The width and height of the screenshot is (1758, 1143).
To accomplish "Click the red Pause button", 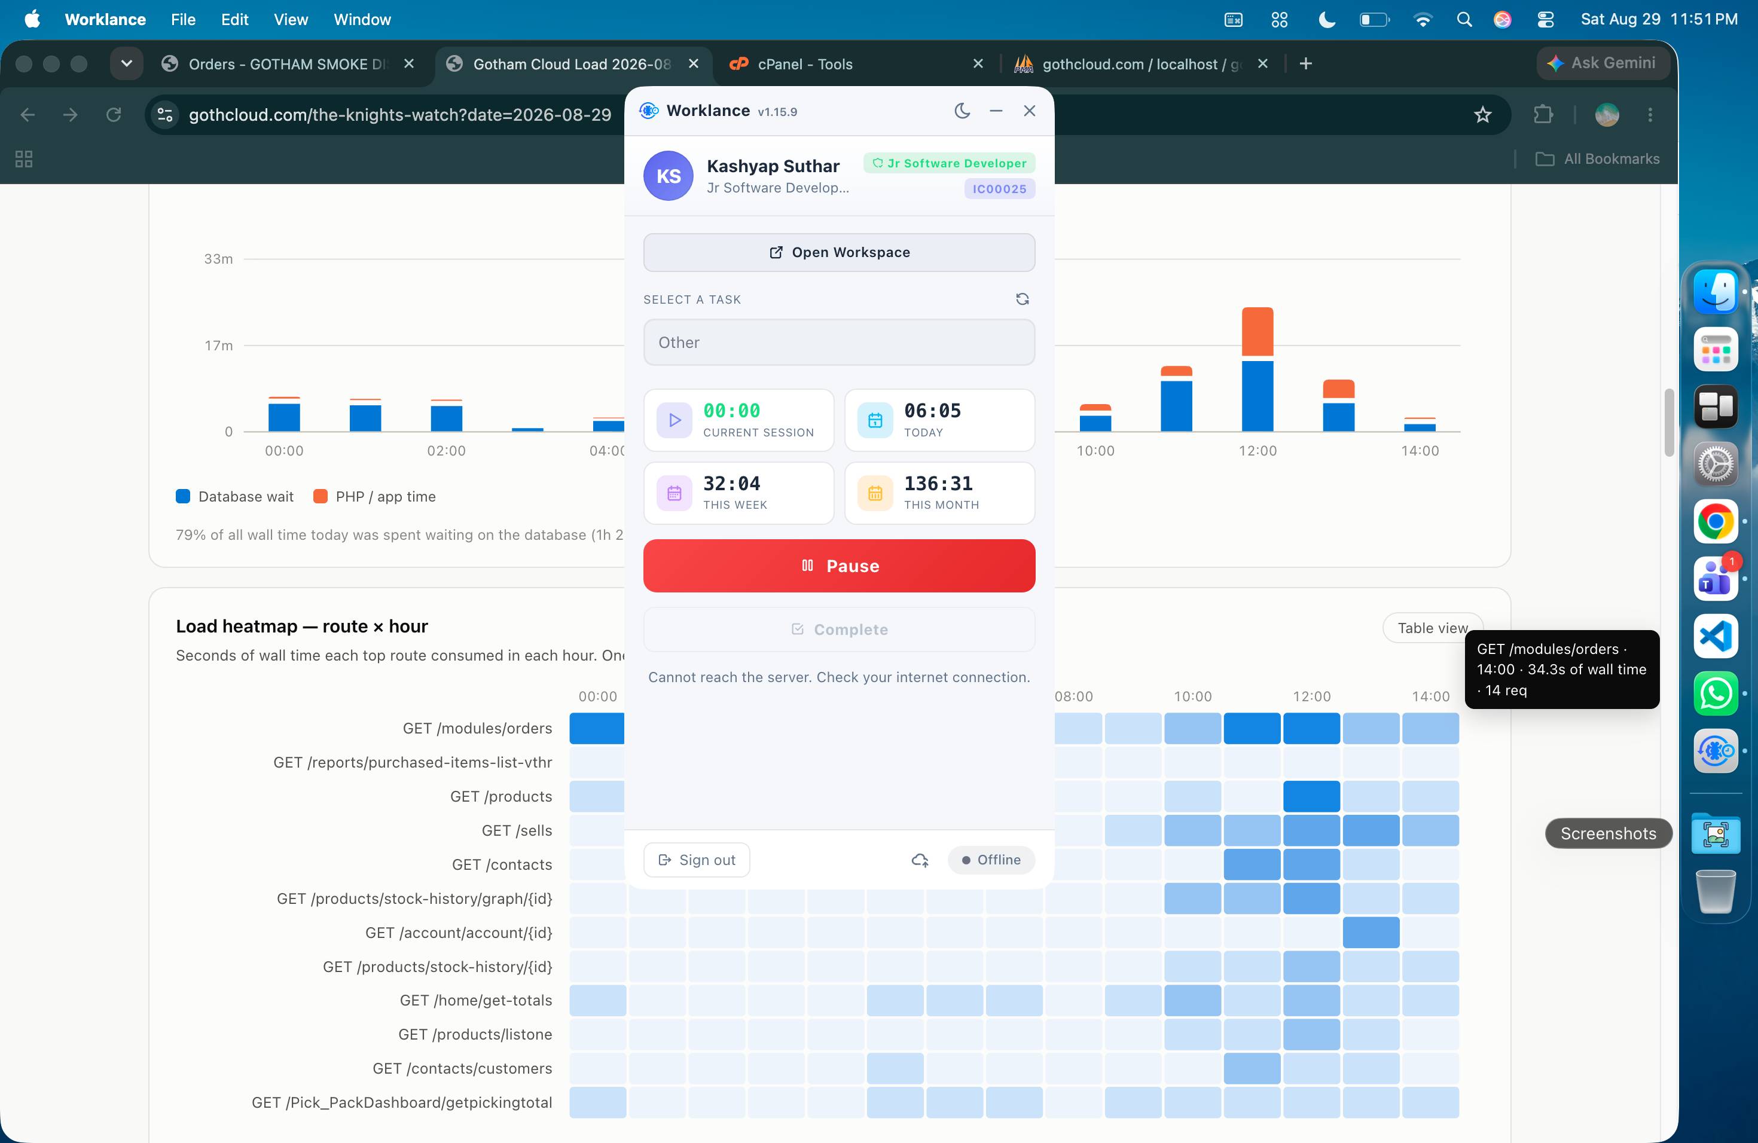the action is click(839, 566).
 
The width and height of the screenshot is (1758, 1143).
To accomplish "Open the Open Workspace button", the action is click(839, 252).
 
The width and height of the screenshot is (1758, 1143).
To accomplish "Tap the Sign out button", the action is click(697, 860).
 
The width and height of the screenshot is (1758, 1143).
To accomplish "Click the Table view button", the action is click(1432, 628).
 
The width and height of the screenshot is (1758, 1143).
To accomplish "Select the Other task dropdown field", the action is click(839, 343).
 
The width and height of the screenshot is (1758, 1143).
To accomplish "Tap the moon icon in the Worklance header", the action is click(962, 111).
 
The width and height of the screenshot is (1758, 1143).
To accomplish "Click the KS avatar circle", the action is click(669, 176).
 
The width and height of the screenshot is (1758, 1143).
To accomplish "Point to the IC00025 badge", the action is click(999, 189).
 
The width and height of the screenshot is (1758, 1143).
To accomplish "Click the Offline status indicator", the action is click(991, 860).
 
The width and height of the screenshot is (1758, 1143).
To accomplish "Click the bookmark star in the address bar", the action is click(1482, 114).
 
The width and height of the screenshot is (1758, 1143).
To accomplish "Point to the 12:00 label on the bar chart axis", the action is click(1257, 450).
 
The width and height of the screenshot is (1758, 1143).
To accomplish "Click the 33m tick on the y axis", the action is click(219, 258).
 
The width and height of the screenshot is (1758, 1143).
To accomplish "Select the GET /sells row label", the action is click(516, 831).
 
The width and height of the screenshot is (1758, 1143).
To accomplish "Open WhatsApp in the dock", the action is click(1715, 693).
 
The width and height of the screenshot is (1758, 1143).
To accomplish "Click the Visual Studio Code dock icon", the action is click(1715, 635).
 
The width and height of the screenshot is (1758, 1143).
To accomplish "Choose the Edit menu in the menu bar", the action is click(234, 19).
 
